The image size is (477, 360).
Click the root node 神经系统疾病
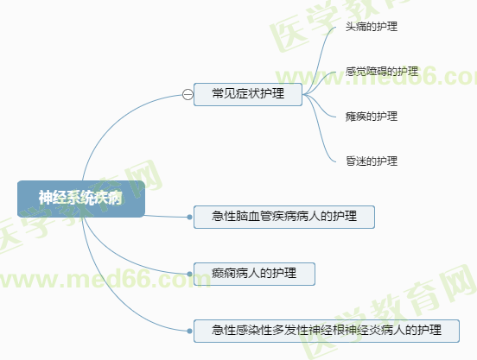point(81,199)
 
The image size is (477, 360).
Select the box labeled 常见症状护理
point(248,94)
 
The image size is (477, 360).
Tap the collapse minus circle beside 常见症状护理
point(188,94)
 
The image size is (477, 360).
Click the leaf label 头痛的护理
point(372,27)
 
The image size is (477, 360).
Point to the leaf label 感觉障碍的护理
point(382,72)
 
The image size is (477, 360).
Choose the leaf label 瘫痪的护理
point(372,117)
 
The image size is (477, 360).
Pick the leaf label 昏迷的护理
point(372,161)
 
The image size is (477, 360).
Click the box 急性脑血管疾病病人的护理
point(284,217)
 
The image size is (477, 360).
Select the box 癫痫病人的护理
point(254,274)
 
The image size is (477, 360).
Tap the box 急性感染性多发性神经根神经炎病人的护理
point(327,331)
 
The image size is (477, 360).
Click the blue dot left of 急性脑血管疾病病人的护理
point(189,217)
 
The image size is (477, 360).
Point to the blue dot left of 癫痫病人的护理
point(189,274)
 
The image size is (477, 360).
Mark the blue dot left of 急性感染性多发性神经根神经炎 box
point(189,331)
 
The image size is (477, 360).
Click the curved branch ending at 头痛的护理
point(319,58)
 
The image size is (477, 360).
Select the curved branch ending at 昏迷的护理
point(319,131)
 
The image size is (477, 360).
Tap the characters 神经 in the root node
point(53,198)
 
